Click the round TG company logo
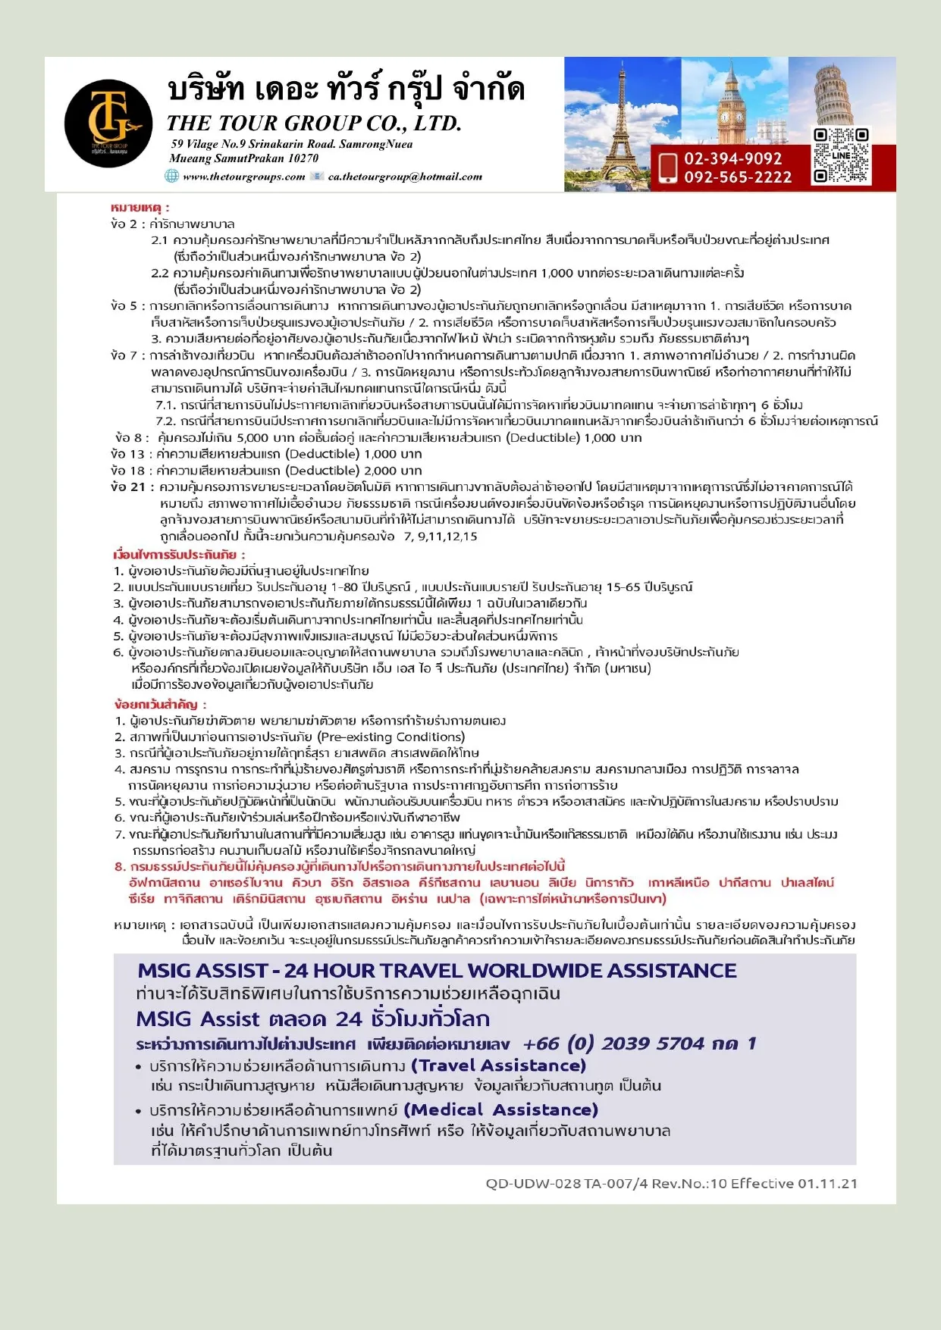108,123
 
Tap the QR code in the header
840,155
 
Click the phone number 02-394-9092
732,158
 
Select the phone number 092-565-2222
737,177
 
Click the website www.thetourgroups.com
243,177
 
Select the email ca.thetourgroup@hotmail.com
405,177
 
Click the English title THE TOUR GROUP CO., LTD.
314,123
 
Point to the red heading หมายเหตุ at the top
140,207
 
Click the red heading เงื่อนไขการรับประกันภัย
179,555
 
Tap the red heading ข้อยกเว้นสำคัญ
160,704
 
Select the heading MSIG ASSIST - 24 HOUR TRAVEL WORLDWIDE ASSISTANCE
437,971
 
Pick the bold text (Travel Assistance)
498,1066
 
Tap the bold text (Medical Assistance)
500,1109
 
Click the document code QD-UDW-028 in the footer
533,1183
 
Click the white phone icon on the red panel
667,167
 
